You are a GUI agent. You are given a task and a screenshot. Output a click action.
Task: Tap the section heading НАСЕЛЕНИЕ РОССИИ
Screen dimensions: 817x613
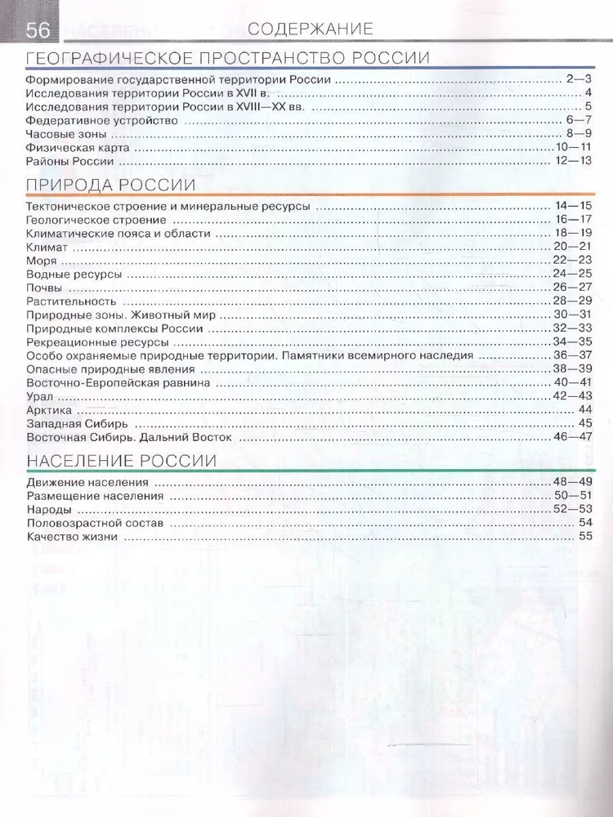pos(121,461)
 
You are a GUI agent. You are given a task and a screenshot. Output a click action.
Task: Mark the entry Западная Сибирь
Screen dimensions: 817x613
pos(75,423)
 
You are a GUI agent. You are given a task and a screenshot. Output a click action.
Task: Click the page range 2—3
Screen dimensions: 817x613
pos(578,79)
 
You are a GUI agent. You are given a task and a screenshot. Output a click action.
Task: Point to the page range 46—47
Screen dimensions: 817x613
pos(572,437)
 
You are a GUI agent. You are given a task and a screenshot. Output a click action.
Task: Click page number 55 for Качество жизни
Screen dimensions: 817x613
pos(584,537)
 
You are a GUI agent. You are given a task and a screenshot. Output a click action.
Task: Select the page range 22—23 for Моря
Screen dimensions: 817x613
pos(572,261)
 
